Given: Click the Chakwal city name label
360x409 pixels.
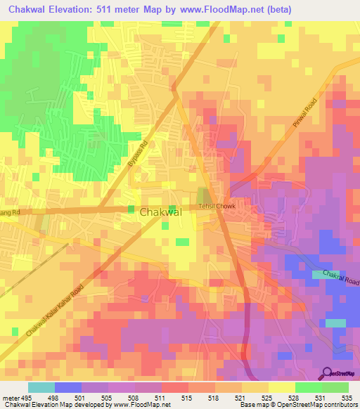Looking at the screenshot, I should pos(161,212).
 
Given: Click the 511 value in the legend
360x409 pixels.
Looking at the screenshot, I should pos(160,397).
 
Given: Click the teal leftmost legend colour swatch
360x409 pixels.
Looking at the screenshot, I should pos(41,387).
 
